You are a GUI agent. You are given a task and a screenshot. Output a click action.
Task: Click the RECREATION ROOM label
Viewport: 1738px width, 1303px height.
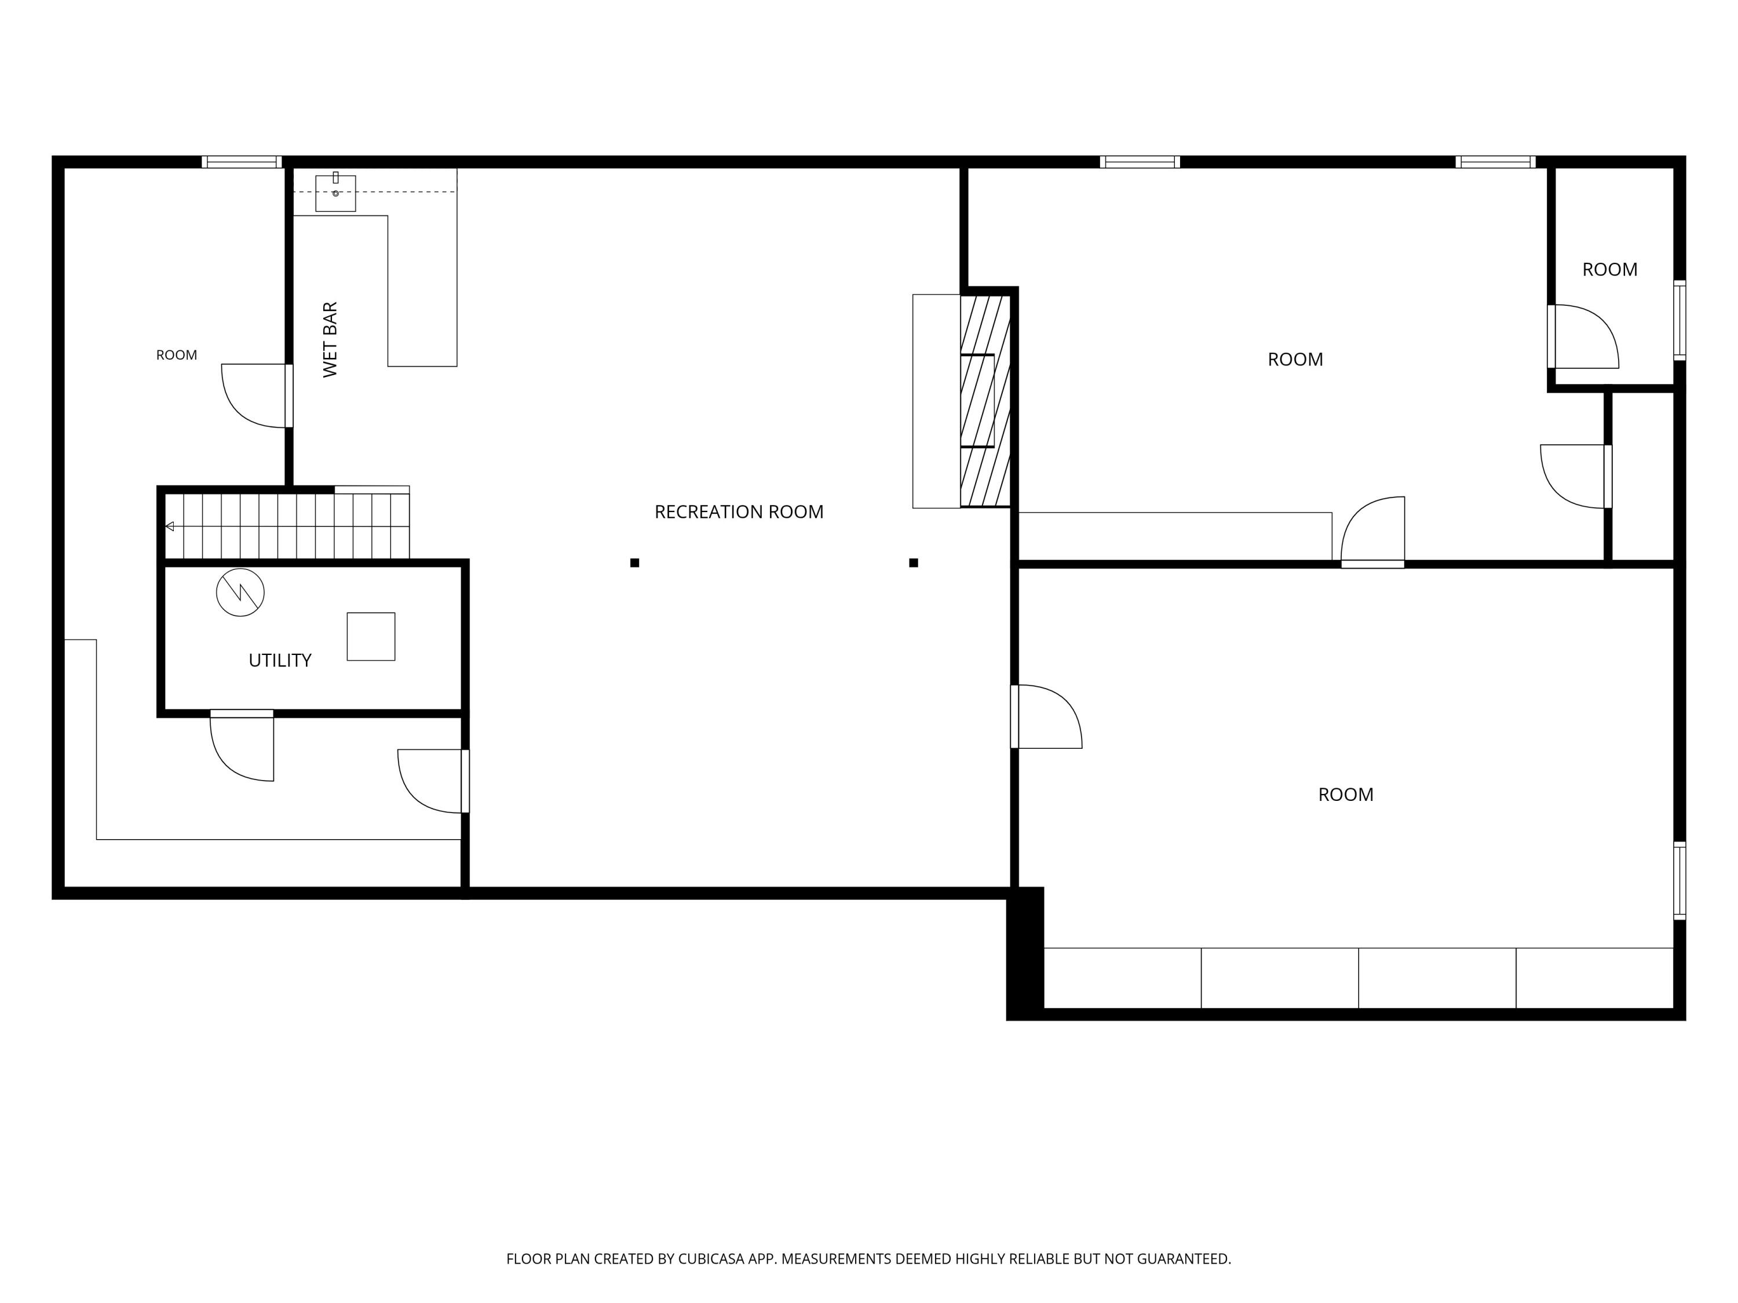click(x=739, y=512)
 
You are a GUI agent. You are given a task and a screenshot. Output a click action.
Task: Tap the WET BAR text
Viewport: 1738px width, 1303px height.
click(x=330, y=339)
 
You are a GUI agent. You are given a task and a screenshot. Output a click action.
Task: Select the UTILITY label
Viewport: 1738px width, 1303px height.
click(x=280, y=661)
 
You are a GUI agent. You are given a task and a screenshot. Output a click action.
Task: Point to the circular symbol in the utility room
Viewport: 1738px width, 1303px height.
click(x=240, y=592)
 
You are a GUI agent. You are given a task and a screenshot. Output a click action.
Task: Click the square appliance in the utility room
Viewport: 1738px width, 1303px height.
click(x=371, y=636)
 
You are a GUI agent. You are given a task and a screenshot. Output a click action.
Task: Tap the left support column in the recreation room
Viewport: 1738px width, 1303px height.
click(x=635, y=562)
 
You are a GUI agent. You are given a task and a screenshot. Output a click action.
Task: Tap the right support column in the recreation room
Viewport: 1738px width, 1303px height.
click(x=914, y=562)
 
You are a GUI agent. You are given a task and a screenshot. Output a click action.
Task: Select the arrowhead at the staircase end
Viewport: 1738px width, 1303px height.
click(x=170, y=526)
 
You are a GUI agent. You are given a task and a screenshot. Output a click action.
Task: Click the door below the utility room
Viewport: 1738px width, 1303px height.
click(x=242, y=745)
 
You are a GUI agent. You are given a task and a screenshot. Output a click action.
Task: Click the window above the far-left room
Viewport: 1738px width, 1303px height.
click(x=242, y=162)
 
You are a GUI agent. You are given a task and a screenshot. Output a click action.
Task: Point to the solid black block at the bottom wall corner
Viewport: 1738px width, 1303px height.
click(x=1025, y=953)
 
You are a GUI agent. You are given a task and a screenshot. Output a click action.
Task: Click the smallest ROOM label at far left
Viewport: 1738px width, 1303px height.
click(x=177, y=355)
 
